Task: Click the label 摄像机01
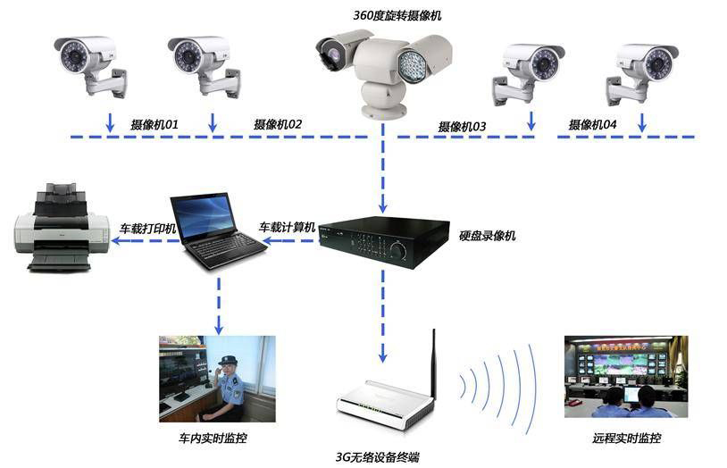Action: [154, 125]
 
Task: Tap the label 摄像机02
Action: [278, 125]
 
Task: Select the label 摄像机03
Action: [462, 127]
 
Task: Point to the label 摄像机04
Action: [592, 125]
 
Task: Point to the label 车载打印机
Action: [147, 229]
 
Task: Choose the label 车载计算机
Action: [288, 228]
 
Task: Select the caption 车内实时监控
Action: [213, 439]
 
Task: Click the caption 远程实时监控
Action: [626, 439]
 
